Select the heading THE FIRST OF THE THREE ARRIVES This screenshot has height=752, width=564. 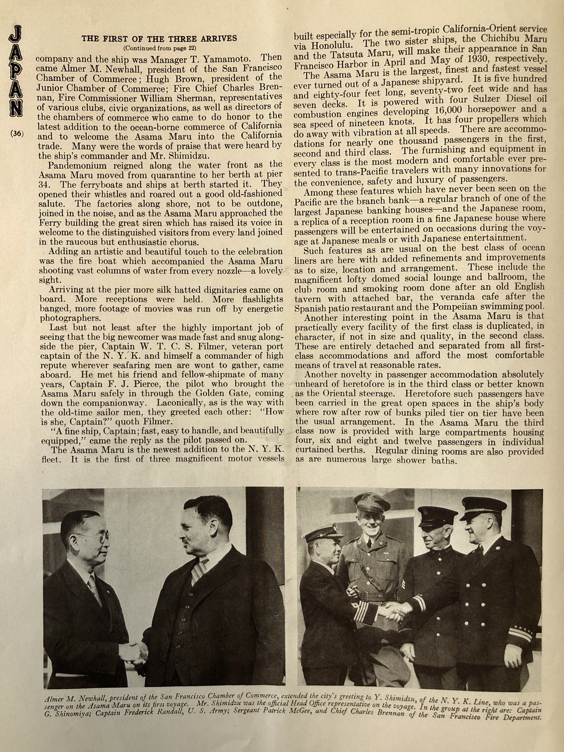[x=160, y=39]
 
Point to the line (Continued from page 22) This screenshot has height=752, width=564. [x=159, y=48]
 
